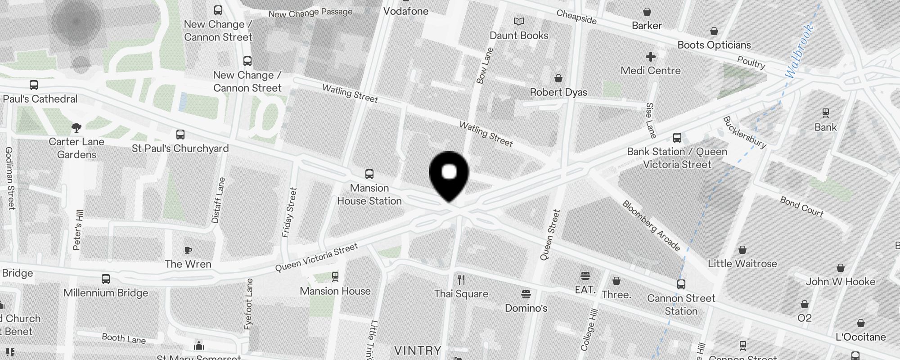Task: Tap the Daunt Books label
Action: point(519,36)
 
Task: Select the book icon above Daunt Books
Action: point(519,21)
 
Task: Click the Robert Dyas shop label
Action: point(558,92)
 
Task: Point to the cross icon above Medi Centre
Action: point(650,57)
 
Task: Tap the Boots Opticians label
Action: point(714,45)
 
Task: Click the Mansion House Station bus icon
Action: point(369,174)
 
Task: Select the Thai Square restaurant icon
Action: point(461,280)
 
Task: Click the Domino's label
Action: point(526,308)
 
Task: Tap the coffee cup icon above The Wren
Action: point(188,250)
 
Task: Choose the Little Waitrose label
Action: point(742,264)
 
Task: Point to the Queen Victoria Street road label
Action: point(316,257)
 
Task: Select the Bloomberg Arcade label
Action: point(651,225)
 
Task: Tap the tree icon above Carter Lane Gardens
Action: point(76,128)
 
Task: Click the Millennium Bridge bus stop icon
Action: point(106,279)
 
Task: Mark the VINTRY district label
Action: point(418,351)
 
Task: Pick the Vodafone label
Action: point(406,11)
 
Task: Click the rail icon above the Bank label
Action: point(825,112)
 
